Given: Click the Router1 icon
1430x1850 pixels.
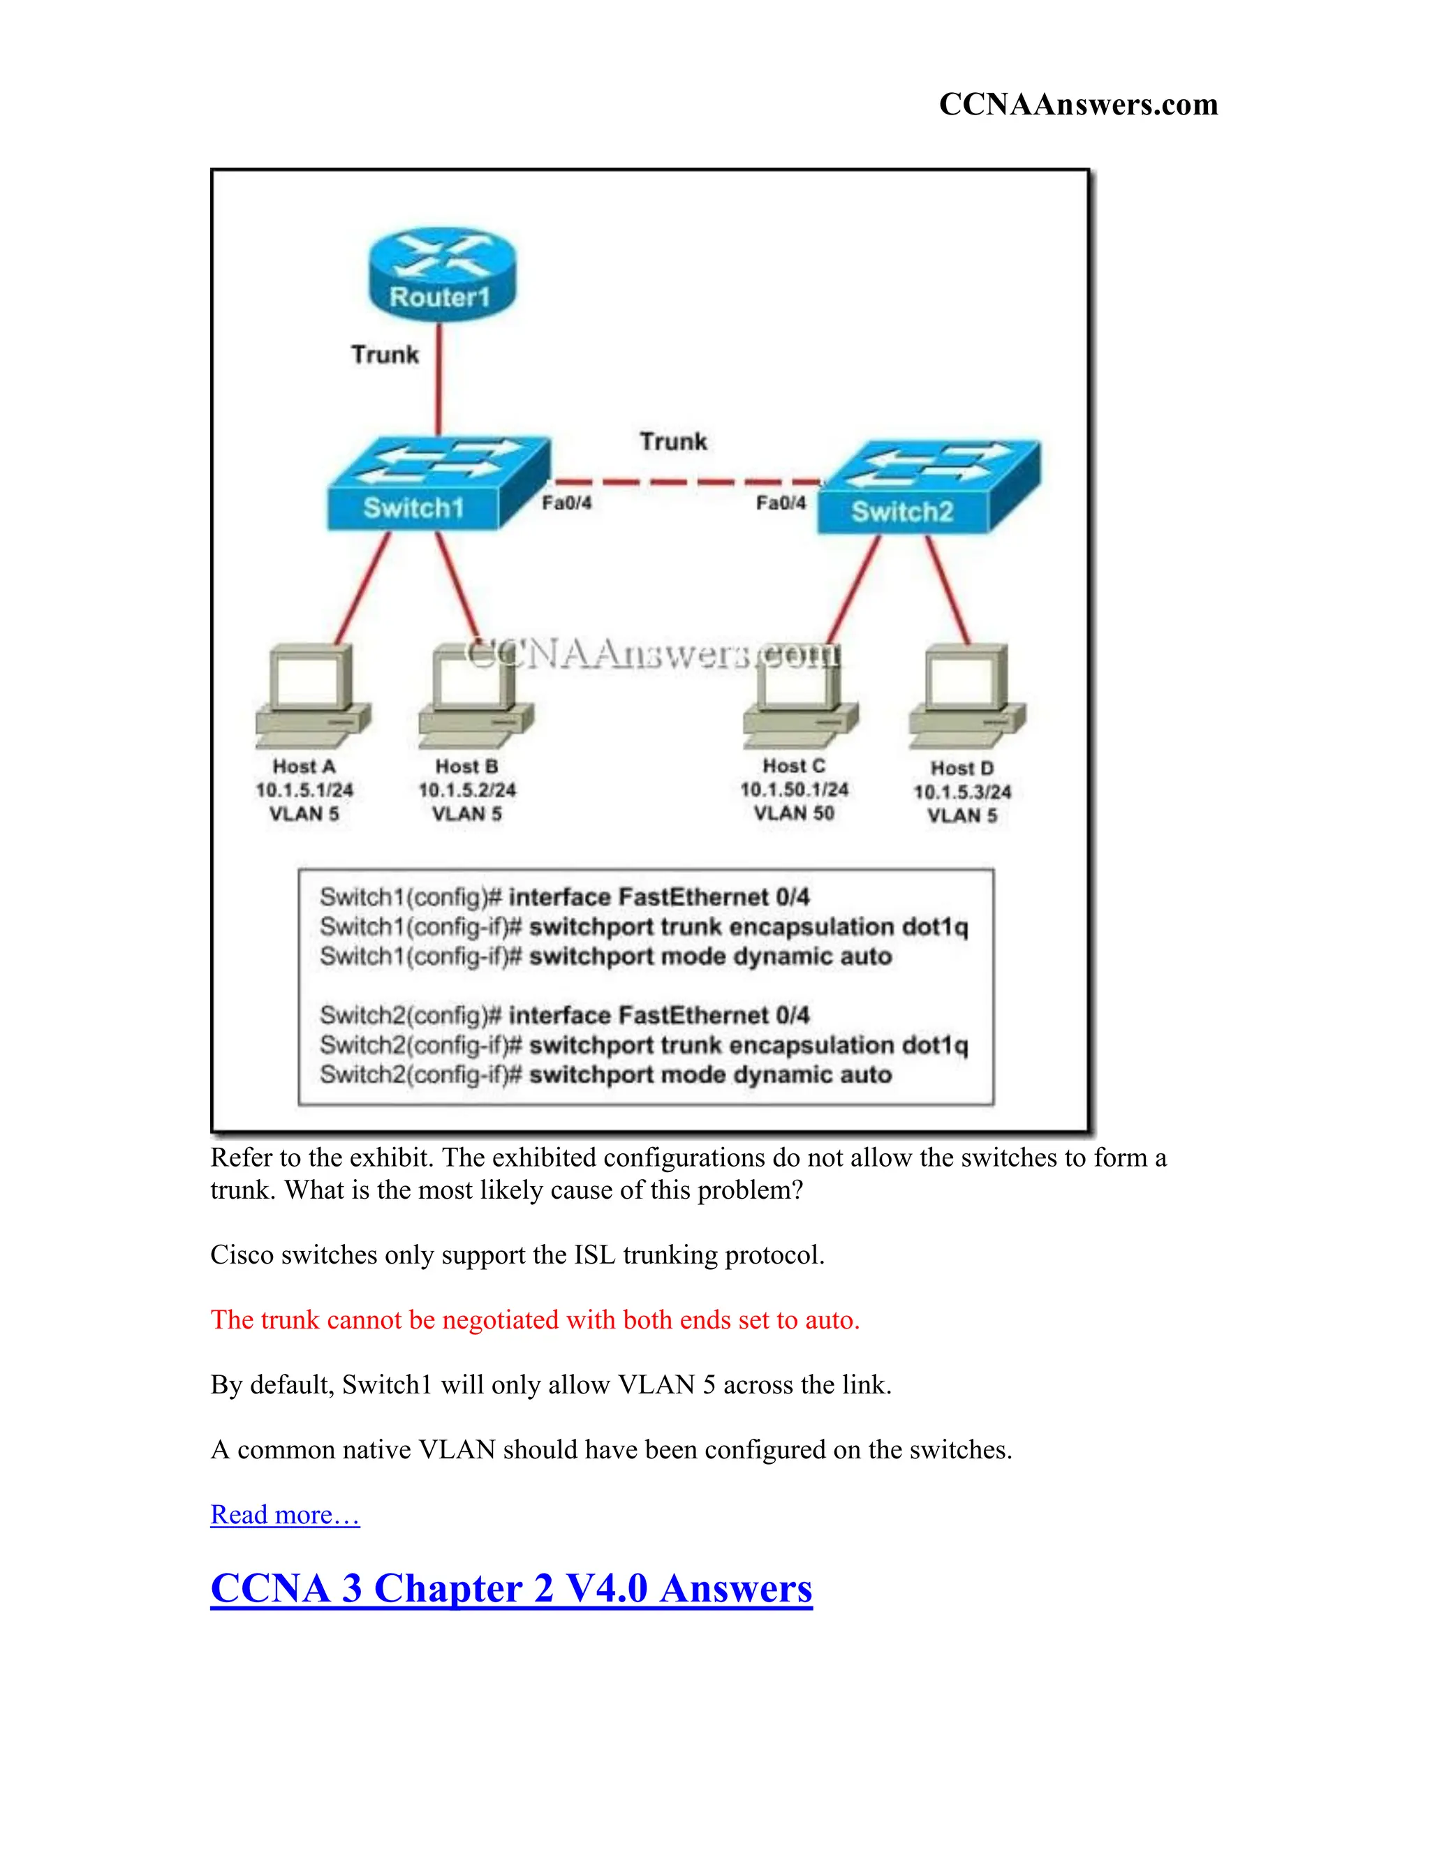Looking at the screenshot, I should [441, 273].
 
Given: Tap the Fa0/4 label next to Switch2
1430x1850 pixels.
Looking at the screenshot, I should [780, 503].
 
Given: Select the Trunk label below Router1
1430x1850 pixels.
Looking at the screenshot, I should [385, 354].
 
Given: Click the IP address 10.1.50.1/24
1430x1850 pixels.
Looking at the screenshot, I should [794, 790].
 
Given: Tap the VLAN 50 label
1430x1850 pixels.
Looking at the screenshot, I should [794, 813].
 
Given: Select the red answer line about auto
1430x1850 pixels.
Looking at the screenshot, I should [535, 1319].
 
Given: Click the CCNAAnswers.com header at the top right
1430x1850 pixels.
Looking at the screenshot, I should [1077, 104].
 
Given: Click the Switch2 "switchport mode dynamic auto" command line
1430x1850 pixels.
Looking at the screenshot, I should [605, 1075].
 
